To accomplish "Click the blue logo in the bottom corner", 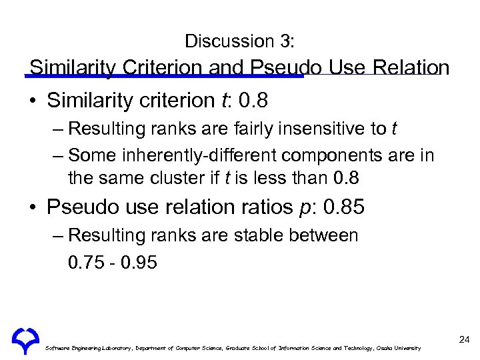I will coord(25,341).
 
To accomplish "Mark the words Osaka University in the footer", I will coord(399,349).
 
